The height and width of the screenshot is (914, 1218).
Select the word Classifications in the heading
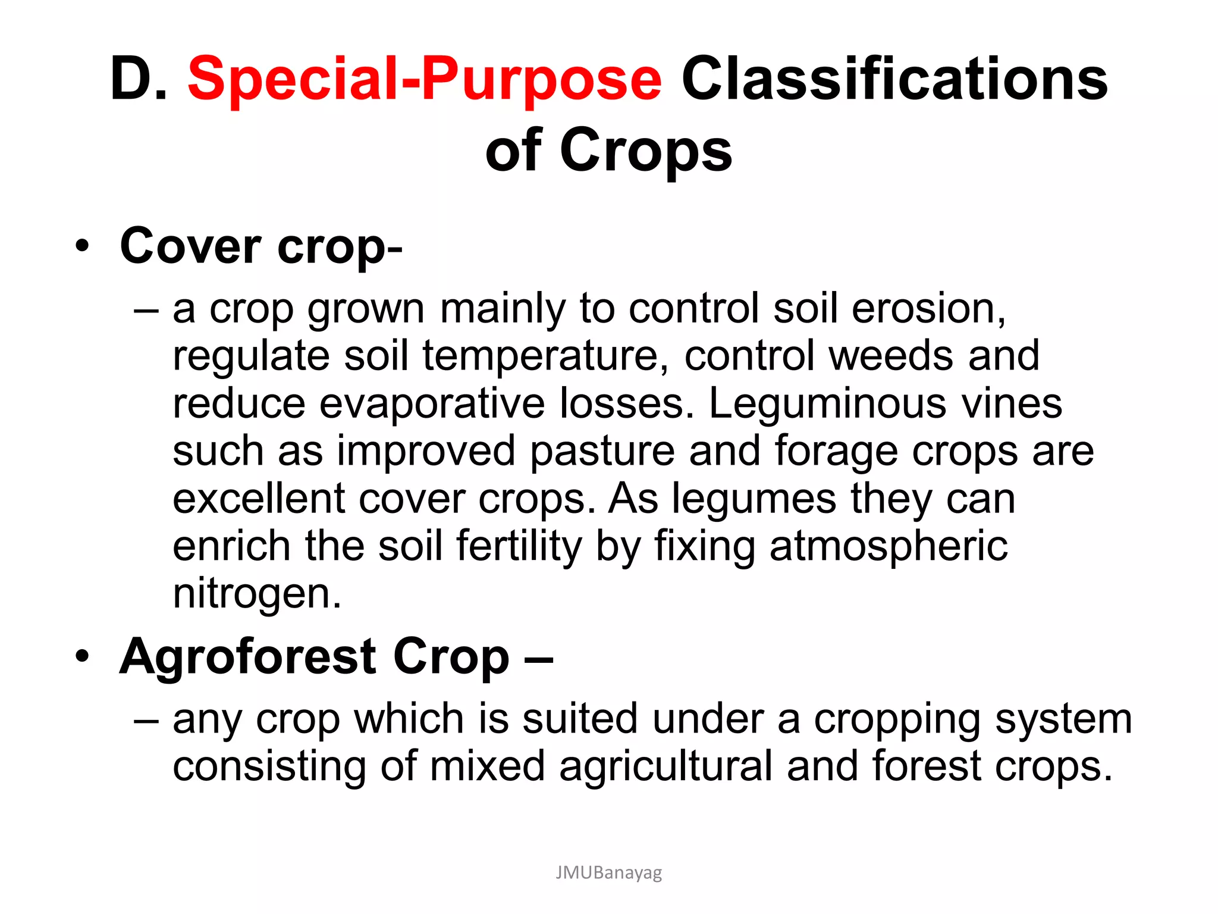click(x=894, y=79)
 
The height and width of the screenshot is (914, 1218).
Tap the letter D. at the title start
click(x=139, y=79)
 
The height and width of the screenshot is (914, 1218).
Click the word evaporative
click(x=432, y=403)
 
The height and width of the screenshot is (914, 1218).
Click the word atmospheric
click(x=889, y=546)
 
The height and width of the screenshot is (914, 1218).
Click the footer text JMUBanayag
click(x=608, y=872)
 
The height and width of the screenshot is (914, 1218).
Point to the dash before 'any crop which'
click(x=146, y=719)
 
